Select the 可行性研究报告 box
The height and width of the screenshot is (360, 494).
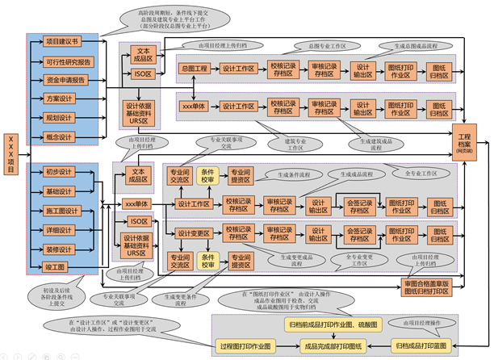(x=66, y=61)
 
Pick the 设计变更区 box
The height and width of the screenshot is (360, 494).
(x=194, y=233)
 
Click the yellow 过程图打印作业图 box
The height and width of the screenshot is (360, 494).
(x=246, y=345)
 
